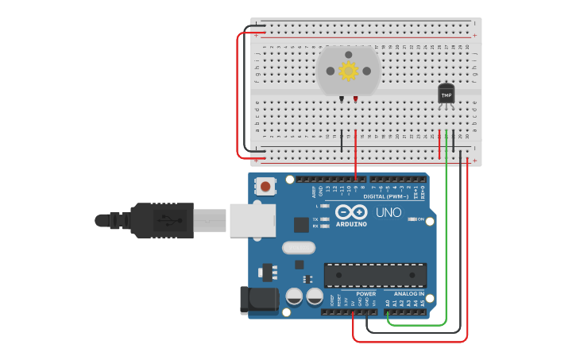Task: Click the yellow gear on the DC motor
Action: click(x=348, y=71)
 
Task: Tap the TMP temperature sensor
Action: click(x=446, y=94)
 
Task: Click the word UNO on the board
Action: click(x=389, y=212)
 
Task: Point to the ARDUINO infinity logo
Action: click(x=350, y=212)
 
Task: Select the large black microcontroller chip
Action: click(x=374, y=275)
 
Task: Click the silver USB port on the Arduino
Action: click(x=252, y=220)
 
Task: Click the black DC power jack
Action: click(x=262, y=299)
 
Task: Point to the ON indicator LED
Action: click(x=411, y=219)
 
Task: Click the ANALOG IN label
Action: click(x=410, y=294)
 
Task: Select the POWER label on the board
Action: click(x=365, y=294)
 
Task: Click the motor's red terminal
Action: click(x=355, y=99)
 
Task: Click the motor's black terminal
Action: click(x=342, y=99)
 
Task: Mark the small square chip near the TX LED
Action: click(x=301, y=224)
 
